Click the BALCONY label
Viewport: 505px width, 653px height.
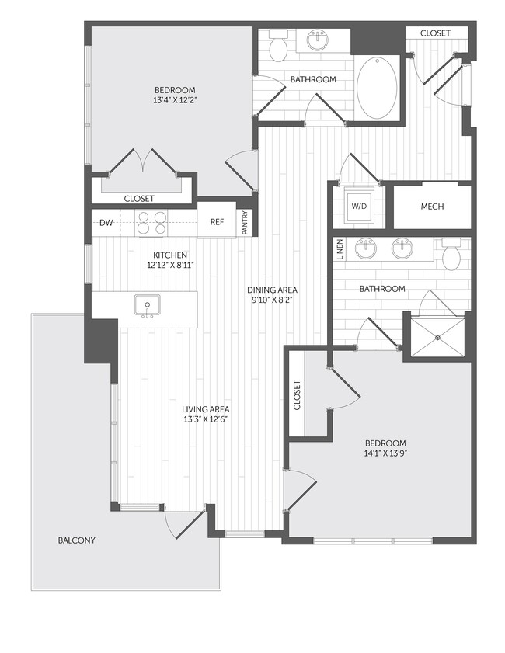coord(77,540)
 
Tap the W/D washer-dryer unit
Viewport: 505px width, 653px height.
coord(359,207)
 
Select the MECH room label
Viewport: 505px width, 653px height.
coord(432,207)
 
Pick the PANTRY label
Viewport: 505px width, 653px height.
coord(245,223)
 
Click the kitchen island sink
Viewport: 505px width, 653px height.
coord(145,304)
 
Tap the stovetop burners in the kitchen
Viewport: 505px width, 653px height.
coord(151,223)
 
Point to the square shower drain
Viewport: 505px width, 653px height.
coord(438,337)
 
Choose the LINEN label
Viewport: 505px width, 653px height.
coord(340,250)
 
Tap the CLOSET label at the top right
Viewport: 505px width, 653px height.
coord(435,33)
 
